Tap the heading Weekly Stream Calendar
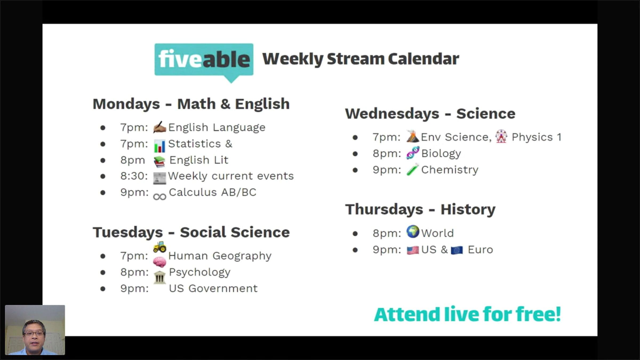click(x=361, y=59)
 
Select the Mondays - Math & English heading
click(x=191, y=104)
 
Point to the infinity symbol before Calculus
click(x=160, y=197)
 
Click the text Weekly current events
click(x=231, y=176)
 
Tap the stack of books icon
click(x=159, y=161)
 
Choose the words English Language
click(x=217, y=128)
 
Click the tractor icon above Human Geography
click(x=160, y=247)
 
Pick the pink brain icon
click(x=159, y=262)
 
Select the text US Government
click(x=213, y=288)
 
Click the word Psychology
click(x=200, y=273)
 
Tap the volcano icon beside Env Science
click(x=412, y=136)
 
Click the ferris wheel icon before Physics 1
click(x=501, y=136)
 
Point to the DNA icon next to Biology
click(x=413, y=153)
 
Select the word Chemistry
click(x=450, y=170)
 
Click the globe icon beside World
click(x=413, y=231)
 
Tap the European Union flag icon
click(x=457, y=250)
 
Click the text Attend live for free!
click(x=467, y=314)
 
